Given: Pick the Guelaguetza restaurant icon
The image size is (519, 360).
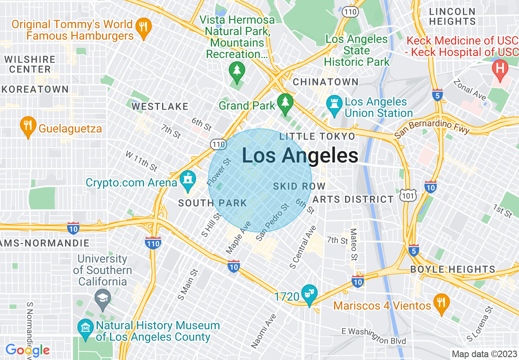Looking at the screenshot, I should point(28,126).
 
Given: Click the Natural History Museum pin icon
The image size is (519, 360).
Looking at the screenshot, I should point(86,329).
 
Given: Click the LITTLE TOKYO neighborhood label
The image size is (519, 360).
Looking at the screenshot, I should point(317,137).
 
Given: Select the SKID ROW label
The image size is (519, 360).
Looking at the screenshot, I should point(299,187).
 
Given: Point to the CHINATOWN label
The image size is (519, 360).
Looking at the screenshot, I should point(325,82).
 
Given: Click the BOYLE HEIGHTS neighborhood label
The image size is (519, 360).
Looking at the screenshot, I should point(453,270).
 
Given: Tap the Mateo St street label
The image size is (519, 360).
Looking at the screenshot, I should point(354,244).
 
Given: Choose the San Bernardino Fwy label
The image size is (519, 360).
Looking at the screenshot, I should point(432,129).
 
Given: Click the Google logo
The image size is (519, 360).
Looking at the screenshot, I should point(27,350).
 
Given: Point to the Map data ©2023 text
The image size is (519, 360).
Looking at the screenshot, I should point(484,354).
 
